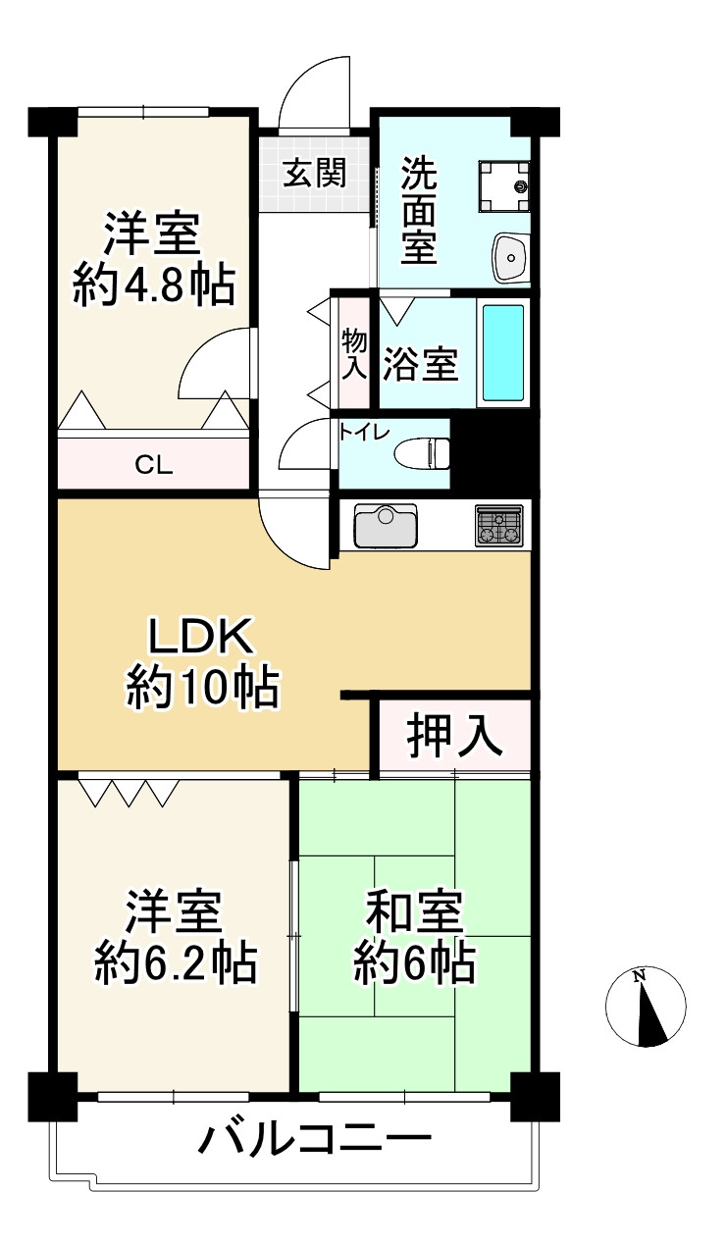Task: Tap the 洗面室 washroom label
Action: (x=419, y=213)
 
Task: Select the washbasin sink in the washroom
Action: (x=510, y=257)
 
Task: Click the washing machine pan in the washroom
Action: (x=503, y=184)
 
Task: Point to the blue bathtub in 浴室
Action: (x=504, y=350)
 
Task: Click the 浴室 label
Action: (x=421, y=364)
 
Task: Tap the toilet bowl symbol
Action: (x=423, y=453)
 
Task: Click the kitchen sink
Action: (x=385, y=526)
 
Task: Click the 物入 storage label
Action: (x=353, y=354)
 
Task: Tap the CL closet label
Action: (x=154, y=465)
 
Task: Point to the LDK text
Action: (x=201, y=639)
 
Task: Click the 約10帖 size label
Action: (x=201, y=688)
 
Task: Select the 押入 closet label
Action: (x=455, y=735)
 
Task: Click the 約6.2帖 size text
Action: (x=175, y=962)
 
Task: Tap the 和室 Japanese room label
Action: (x=413, y=914)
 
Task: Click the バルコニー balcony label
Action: (x=315, y=1141)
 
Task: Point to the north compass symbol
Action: (x=645, y=1007)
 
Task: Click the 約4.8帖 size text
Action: (x=154, y=285)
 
